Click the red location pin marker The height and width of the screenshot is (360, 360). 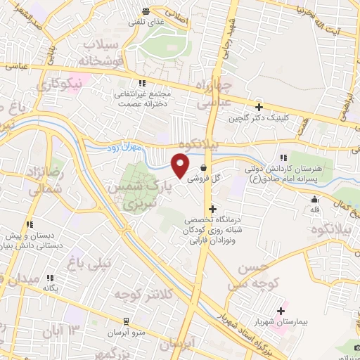pos(180,165)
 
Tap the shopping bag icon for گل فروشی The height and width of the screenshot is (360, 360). pos(203,168)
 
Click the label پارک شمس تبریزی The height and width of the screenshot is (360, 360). pos(134,196)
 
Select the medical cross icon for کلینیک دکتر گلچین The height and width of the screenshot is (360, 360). pos(259,108)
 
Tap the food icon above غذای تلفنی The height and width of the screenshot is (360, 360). pos(146,11)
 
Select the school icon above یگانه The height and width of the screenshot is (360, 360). pos(50,278)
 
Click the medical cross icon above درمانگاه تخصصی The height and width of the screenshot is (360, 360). pos(212,209)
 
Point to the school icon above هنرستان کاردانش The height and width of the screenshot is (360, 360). pos(283,158)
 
